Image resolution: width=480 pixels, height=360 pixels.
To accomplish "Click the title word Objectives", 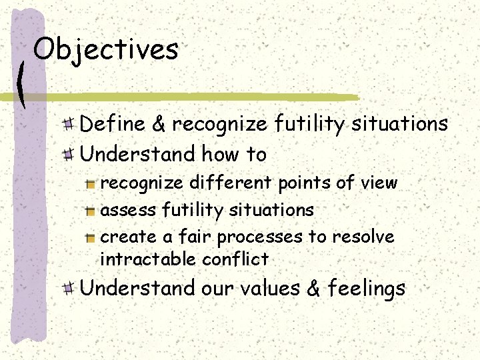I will (x=105, y=49).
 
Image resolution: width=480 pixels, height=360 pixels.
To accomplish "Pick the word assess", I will (x=127, y=211).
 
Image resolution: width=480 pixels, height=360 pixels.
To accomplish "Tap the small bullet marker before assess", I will (x=91, y=210).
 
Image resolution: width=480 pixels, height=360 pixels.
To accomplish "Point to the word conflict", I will (x=235, y=259).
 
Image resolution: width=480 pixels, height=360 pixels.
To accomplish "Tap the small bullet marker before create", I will (x=91, y=237).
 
